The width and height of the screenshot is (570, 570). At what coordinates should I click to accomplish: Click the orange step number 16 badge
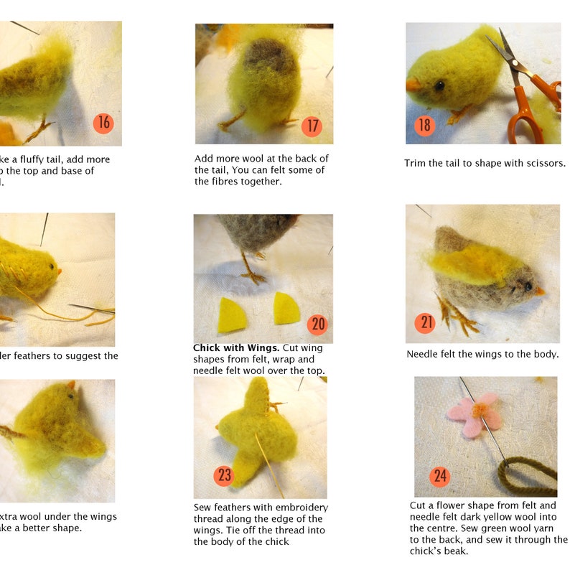point(104,123)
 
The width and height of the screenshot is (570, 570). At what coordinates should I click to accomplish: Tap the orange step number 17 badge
point(312,126)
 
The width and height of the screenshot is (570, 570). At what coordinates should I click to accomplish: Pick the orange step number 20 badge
point(317,324)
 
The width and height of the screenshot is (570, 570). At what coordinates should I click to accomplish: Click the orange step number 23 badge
point(225,475)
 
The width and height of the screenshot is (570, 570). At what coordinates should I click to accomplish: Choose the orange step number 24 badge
point(440,476)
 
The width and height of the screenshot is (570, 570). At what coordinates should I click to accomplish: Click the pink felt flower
point(473,414)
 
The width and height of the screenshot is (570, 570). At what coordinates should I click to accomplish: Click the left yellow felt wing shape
point(230,315)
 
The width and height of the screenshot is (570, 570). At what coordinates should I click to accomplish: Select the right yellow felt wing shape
point(286,309)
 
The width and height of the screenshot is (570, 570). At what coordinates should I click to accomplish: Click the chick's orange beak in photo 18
point(414,85)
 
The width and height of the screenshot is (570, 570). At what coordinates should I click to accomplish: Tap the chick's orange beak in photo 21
point(538,290)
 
